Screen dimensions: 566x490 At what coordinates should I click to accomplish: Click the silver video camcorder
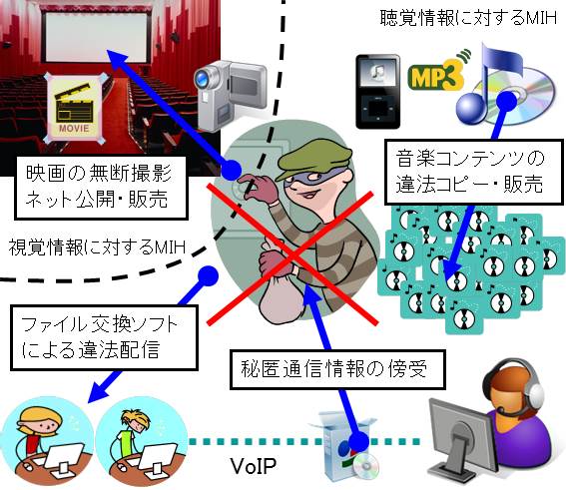pyautogui.click(x=230, y=93)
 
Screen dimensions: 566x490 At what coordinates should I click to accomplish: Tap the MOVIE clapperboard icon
pyautogui.click(x=75, y=108)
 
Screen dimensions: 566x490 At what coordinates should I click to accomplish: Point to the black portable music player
pyautogui.click(x=378, y=91)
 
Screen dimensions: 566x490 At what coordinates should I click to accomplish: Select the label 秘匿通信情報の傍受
pyautogui.click(x=337, y=369)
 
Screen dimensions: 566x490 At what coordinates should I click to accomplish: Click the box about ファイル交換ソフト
pyautogui.click(x=104, y=337)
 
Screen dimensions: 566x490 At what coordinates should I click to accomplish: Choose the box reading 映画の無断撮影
pyautogui.click(x=101, y=188)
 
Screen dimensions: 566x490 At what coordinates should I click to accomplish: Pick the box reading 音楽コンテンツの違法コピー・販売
pyautogui.click(x=473, y=172)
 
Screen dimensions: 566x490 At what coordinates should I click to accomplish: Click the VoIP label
pyautogui.click(x=254, y=467)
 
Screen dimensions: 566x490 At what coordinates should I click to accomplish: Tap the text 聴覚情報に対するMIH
pyautogui.click(x=468, y=18)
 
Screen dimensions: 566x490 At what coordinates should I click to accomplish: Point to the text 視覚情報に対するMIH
pyautogui.click(x=97, y=247)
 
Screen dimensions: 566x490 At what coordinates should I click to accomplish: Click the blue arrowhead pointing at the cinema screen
pyautogui.click(x=118, y=60)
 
